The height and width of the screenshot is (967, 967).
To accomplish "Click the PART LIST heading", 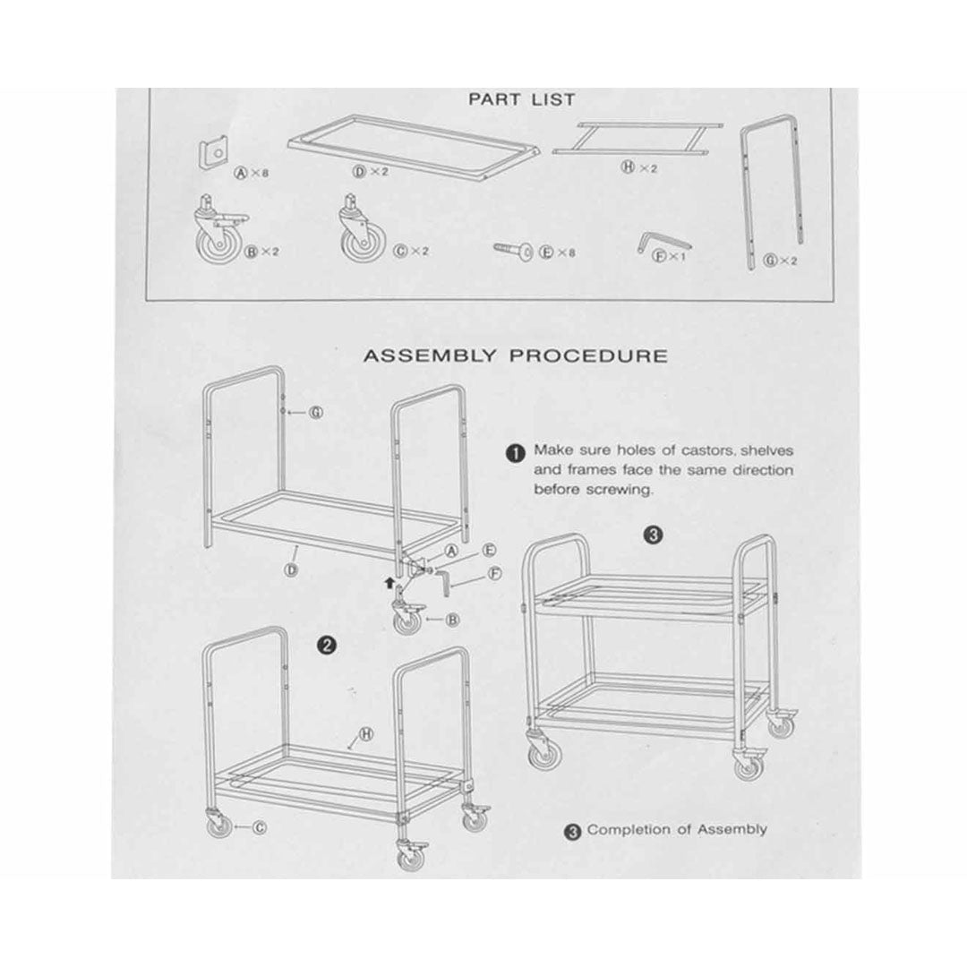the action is click(521, 99).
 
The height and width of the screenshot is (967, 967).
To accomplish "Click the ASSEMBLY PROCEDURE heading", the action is click(515, 355).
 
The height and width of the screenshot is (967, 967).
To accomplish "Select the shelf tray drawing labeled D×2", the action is click(414, 147).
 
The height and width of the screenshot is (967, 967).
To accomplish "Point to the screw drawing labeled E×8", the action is click(513, 250).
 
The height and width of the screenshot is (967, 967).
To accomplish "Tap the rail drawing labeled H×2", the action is click(638, 138).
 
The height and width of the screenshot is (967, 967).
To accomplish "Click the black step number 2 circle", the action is click(326, 646).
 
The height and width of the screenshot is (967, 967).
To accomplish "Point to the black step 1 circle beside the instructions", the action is click(515, 453).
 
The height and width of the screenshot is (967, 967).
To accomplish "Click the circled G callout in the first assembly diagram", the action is click(316, 412).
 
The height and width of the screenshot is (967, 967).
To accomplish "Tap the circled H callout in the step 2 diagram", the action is click(366, 734).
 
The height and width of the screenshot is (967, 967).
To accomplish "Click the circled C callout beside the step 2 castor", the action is click(261, 827).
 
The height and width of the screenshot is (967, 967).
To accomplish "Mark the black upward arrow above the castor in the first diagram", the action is click(389, 581).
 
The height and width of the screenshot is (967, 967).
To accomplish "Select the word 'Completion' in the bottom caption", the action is click(627, 829).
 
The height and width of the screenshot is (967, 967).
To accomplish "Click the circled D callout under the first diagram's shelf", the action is click(292, 569).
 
